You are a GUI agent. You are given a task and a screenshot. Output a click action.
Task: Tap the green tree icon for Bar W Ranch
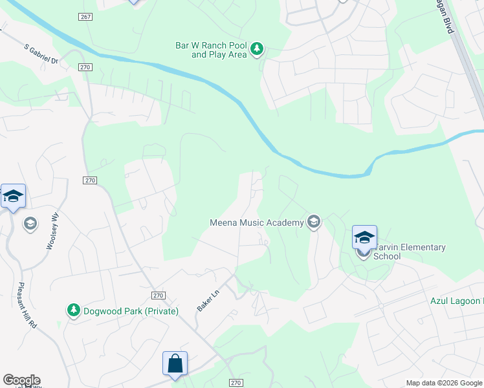click(258, 48)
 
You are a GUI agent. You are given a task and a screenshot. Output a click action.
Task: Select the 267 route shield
click(85, 16)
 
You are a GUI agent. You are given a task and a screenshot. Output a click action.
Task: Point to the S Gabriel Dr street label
click(41, 54)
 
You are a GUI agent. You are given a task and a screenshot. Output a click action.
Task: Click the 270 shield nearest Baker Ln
click(159, 295)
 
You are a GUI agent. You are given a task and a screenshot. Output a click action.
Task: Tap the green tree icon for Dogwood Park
click(74, 310)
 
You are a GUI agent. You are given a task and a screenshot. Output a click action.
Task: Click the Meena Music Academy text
click(257, 223)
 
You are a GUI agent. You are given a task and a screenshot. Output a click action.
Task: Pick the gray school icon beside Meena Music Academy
click(314, 222)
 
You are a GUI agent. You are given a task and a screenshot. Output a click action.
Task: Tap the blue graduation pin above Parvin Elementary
click(364, 237)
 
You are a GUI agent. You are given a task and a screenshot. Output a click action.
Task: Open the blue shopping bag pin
click(175, 363)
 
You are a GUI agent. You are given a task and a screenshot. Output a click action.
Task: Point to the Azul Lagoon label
click(457, 301)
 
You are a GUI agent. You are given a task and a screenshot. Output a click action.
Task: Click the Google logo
click(21, 380)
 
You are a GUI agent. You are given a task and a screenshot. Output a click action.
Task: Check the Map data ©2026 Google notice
click(444, 383)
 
